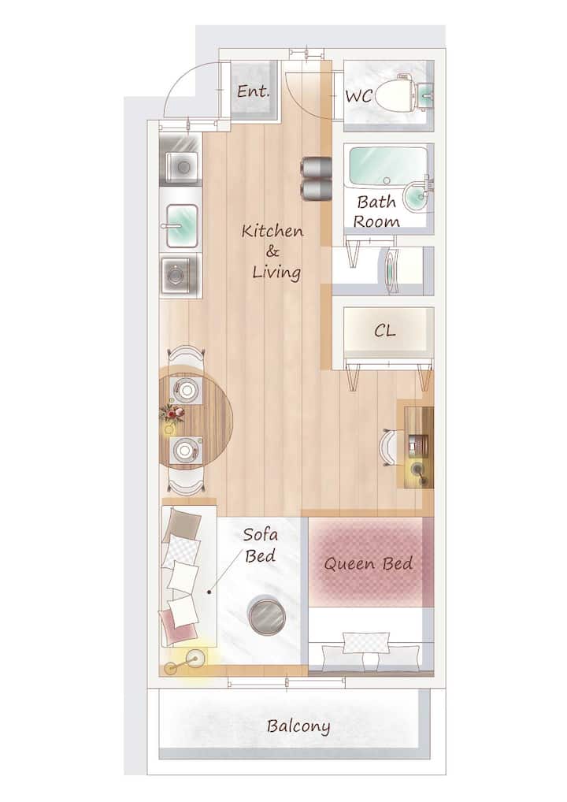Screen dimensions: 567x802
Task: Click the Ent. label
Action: (253, 91)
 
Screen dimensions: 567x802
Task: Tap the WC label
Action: (358, 96)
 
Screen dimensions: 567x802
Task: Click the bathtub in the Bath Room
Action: (387, 167)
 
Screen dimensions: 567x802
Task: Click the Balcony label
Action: (298, 726)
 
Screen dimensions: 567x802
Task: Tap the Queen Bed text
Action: (368, 563)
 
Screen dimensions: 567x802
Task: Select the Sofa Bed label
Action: (261, 545)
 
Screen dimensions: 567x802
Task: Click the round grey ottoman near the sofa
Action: (266, 616)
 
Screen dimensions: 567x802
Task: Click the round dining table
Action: (195, 416)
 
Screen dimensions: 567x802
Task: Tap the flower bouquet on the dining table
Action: (171, 414)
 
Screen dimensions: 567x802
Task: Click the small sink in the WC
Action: (425, 95)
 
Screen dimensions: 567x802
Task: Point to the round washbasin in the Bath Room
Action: (417, 196)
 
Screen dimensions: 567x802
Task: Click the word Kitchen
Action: (272, 231)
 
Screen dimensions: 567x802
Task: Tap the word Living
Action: (276, 272)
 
